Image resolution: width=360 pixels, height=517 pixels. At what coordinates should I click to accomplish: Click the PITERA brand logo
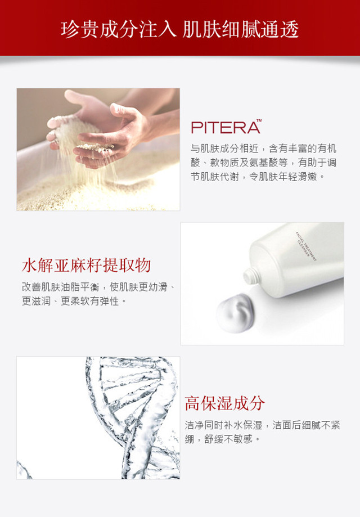(226, 127)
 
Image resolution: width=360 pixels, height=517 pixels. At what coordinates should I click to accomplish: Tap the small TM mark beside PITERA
(259, 121)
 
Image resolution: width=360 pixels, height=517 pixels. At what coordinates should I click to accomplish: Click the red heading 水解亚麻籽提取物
(87, 266)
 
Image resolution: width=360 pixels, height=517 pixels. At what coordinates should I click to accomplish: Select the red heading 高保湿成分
(224, 403)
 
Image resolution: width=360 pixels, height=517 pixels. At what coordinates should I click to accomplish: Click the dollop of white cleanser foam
(235, 313)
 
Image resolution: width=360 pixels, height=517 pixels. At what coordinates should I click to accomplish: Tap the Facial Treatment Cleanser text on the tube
(305, 246)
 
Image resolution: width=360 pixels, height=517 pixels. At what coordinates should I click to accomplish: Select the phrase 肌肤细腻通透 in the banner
(241, 29)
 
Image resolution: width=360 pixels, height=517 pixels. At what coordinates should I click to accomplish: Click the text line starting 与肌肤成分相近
(263, 149)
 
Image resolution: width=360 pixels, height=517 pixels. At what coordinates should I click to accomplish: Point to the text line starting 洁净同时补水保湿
(262, 425)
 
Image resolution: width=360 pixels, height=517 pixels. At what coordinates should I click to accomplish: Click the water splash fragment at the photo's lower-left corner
(24, 470)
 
